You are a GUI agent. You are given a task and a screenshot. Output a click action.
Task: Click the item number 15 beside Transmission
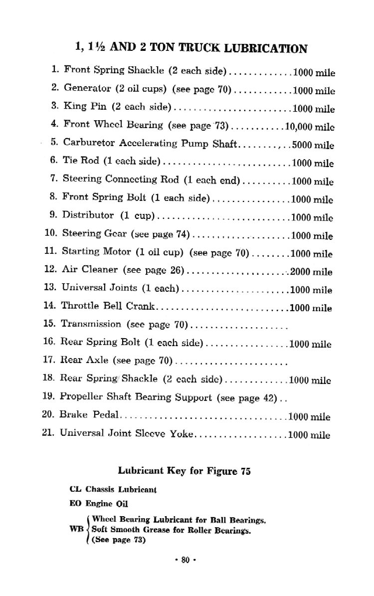(x=49, y=324)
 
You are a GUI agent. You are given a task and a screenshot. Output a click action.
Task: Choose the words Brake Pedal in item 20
(x=90, y=415)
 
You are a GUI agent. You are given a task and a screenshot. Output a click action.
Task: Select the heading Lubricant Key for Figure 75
(x=184, y=471)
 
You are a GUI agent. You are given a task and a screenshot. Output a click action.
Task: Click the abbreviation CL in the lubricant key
(x=76, y=489)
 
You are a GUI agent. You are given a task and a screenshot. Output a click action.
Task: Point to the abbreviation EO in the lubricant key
(x=76, y=504)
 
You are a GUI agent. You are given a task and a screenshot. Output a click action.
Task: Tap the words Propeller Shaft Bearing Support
(x=136, y=397)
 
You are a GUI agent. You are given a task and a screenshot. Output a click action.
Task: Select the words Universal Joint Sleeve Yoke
(x=126, y=433)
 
